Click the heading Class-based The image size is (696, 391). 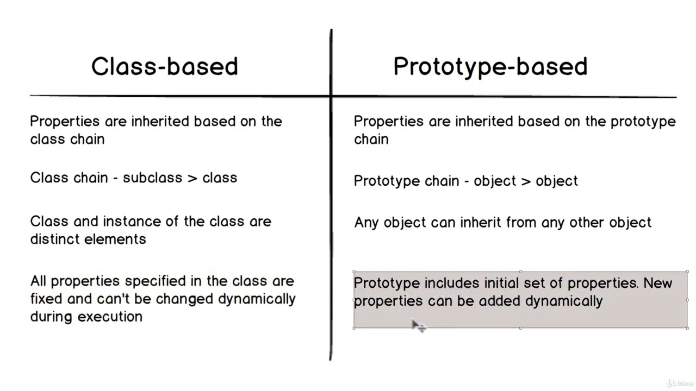click(x=164, y=66)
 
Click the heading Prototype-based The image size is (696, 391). click(x=490, y=66)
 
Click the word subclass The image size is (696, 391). click(x=145, y=178)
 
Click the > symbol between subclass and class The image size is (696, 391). click(x=192, y=178)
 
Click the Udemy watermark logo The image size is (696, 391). click(x=679, y=383)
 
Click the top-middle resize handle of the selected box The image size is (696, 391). click(x=521, y=272)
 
